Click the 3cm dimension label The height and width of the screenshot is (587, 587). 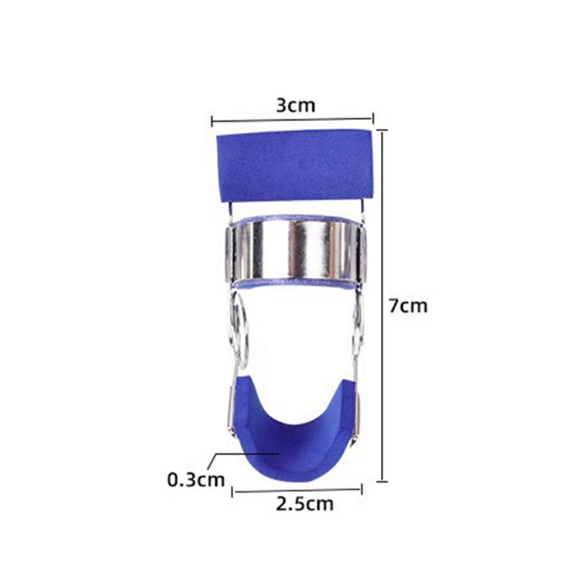coord(296,105)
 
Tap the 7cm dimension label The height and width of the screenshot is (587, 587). coord(408,306)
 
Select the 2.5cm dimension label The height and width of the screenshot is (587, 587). coord(305,504)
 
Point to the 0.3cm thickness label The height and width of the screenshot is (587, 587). coord(196,480)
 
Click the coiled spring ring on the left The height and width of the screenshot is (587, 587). coord(240,329)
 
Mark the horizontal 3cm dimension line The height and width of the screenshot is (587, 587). coord(292,120)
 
